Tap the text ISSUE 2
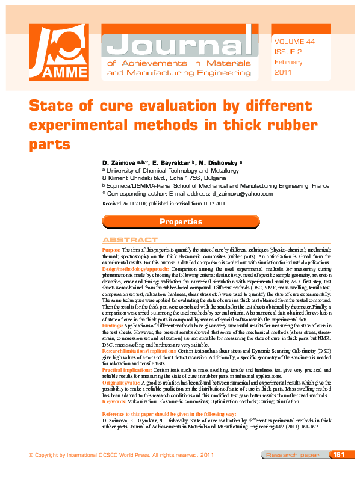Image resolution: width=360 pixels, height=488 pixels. (288, 52)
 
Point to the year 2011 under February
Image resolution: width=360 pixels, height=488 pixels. (283, 72)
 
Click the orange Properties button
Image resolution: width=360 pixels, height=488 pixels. (181, 222)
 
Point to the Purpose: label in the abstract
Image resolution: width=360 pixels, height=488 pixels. (111, 249)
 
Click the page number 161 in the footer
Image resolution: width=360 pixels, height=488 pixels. (338, 471)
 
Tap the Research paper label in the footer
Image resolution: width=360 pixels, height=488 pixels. (293, 471)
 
